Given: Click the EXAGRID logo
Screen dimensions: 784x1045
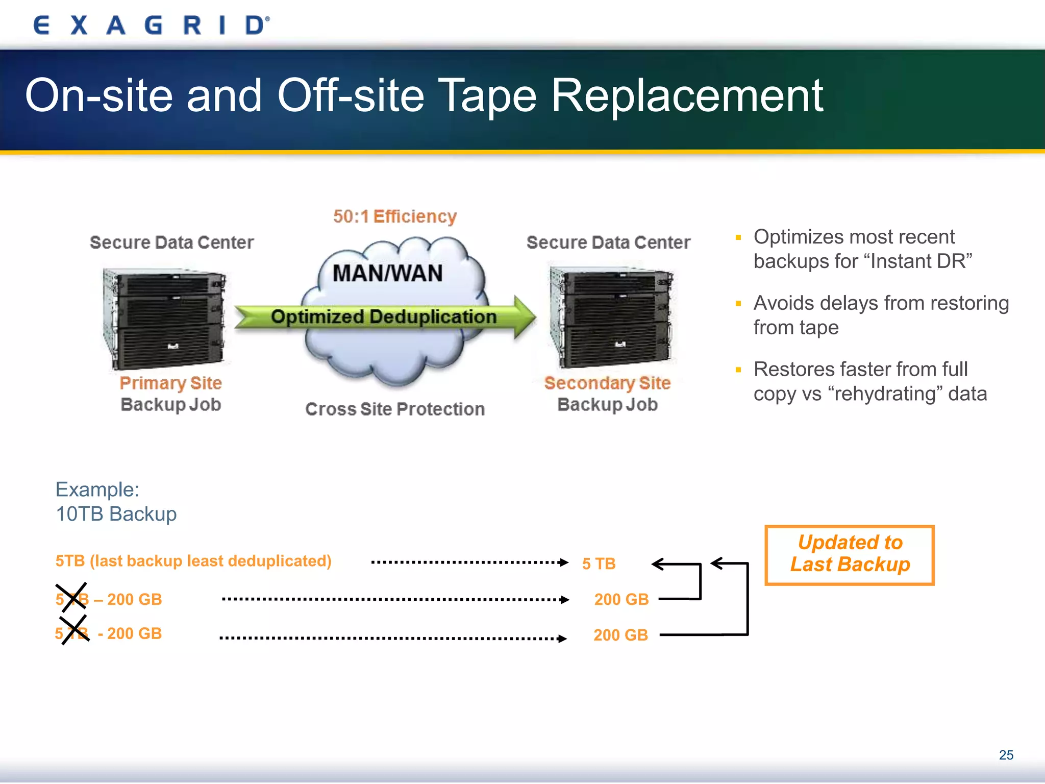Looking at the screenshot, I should (151, 25).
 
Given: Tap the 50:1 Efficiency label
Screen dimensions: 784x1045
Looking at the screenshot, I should (394, 216).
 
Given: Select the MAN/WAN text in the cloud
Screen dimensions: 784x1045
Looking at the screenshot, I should (387, 274).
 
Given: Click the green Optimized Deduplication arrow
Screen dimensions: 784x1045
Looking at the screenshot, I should (384, 317).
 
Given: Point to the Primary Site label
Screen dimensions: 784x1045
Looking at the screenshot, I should (170, 383).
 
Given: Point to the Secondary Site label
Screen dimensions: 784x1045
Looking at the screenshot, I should (607, 383).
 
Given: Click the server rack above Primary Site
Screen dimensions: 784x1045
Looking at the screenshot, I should (164, 318).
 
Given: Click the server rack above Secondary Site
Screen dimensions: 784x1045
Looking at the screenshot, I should (611, 316).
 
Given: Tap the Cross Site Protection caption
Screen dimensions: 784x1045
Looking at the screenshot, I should (394, 409).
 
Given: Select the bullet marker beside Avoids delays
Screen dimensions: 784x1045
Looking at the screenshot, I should (738, 304).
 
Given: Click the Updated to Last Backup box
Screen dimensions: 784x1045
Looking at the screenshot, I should (850, 554).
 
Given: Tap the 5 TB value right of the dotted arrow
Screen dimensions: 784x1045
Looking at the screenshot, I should (599, 563).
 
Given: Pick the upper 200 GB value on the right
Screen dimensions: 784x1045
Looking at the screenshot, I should (621, 599).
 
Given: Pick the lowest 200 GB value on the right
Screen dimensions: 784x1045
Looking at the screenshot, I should (620, 635).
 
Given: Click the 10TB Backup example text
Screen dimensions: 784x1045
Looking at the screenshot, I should (116, 514).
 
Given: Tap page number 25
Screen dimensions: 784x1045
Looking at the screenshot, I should (1006, 755).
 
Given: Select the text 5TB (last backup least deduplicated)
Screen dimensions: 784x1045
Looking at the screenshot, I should (193, 561).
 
